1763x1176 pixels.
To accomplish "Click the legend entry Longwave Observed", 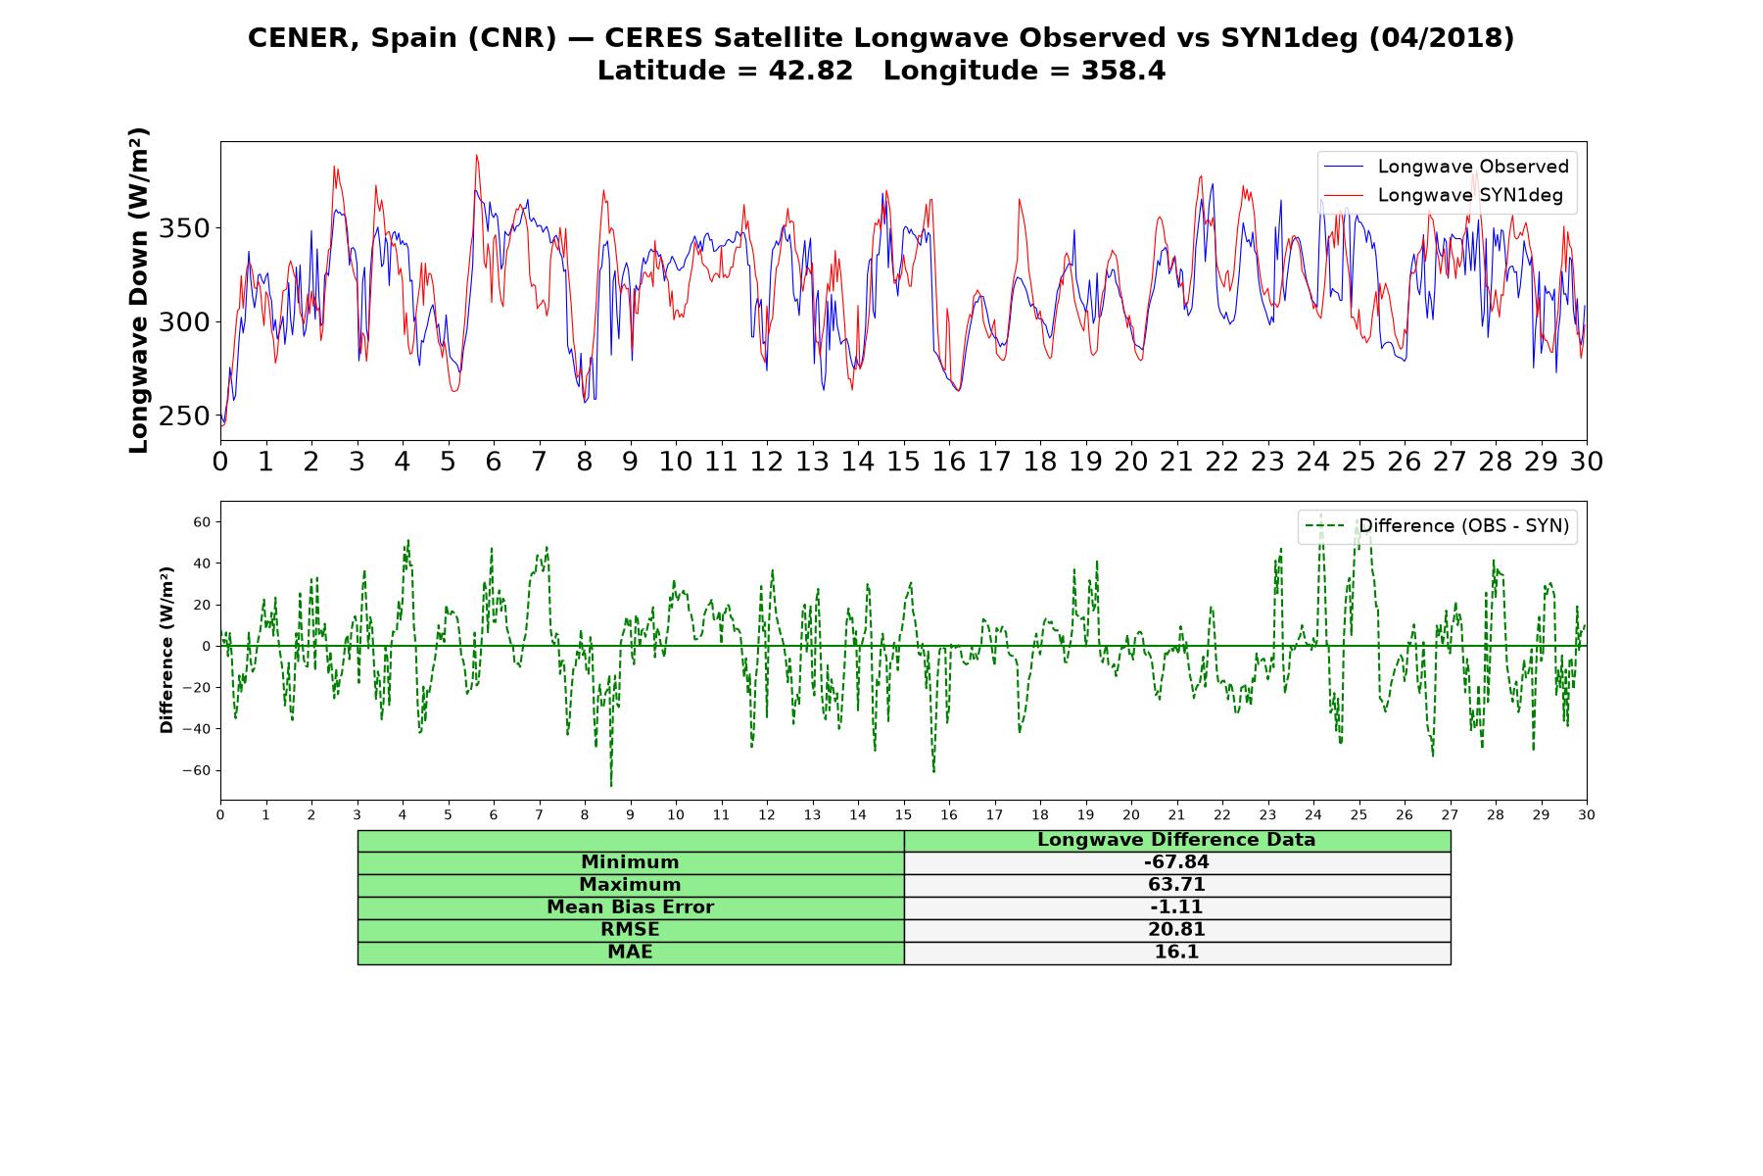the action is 1446,167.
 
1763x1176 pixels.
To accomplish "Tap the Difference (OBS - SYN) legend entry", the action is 1438,526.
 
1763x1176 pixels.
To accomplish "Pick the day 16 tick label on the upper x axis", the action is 949,462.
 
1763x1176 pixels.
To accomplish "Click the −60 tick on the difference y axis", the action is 196,770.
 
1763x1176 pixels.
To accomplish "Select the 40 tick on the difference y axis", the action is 202,563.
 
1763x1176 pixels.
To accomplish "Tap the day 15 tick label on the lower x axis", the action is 903,814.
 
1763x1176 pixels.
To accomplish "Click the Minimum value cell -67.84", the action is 1176,862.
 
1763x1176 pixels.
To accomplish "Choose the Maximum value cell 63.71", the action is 1176,885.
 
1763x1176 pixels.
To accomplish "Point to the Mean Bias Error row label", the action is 630,907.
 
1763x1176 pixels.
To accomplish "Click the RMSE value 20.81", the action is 1176,930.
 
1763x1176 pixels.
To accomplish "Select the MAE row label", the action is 630,953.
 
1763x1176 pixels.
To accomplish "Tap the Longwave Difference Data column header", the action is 1176,840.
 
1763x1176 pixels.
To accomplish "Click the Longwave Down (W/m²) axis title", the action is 139,290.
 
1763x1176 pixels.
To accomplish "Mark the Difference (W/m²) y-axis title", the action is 167,650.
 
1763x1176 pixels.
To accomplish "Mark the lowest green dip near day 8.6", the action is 611,785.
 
